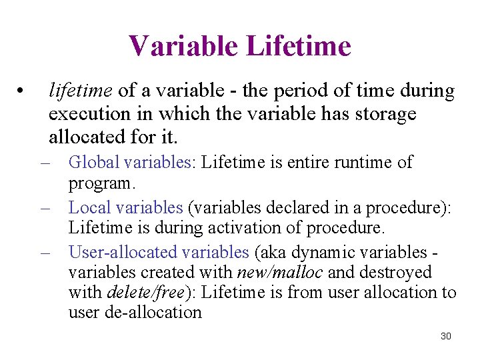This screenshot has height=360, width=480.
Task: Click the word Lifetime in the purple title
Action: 298,46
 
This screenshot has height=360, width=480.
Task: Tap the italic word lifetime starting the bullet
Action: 83,90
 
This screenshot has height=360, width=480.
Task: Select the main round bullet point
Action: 22,91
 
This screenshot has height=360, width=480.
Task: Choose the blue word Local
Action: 89,208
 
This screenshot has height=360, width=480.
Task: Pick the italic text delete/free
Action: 141,292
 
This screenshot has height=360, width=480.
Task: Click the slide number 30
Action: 446,336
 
